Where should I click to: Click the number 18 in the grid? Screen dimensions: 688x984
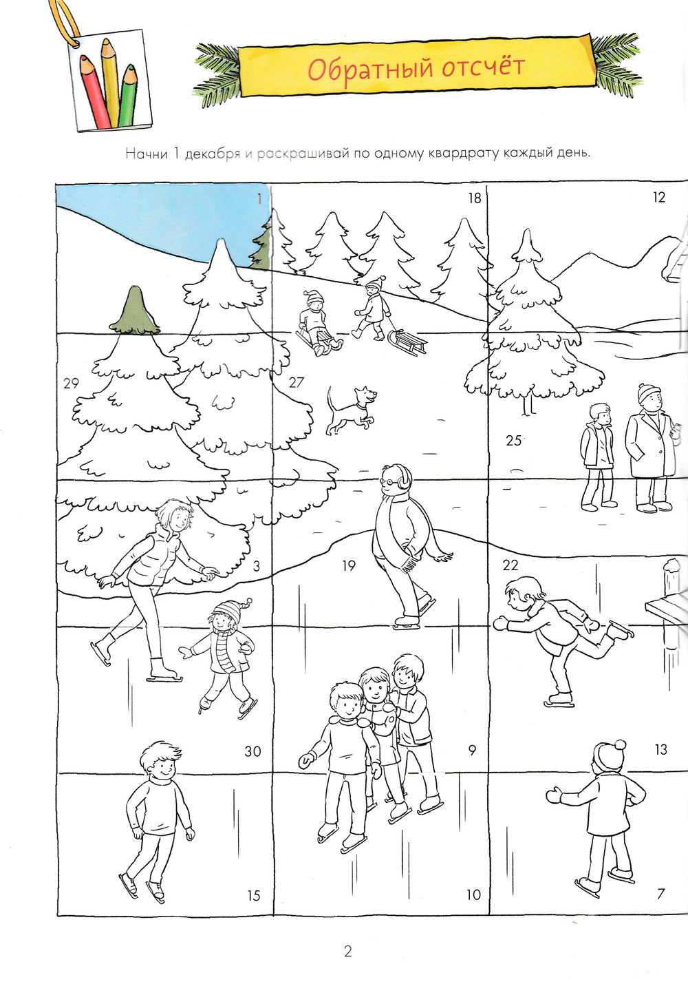475,198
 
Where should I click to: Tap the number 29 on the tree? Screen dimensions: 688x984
71,384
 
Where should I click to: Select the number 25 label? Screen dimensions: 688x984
513,440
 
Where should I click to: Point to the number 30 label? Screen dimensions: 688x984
253,751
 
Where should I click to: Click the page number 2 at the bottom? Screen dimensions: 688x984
348,952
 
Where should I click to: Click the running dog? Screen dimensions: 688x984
351,410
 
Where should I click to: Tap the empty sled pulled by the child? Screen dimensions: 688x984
407,342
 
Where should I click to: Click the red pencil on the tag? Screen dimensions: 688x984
94,92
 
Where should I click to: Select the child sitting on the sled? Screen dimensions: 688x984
316,323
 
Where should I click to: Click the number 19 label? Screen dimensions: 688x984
349,566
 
